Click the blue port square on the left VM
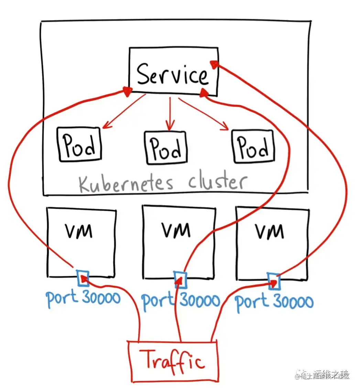(x=83, y=278)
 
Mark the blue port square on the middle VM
(x=181, y=279)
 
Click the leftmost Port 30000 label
(x=84, y=298)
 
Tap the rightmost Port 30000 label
(x=274, y=302)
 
